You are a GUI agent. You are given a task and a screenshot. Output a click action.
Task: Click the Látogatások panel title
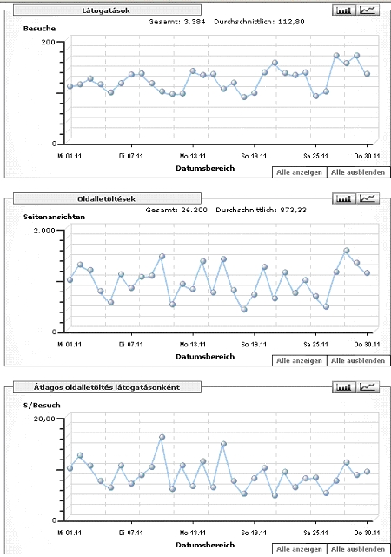click(x=106, y=10)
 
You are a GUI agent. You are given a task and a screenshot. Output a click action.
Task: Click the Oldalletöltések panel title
click(x=106, y=199)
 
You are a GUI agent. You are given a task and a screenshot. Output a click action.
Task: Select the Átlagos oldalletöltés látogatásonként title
click(x=107, y=387)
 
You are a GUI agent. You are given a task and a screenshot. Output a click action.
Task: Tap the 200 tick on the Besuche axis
click(x=49, y=42)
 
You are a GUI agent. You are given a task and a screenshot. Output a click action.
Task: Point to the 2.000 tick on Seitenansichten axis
click(x=44, y=230)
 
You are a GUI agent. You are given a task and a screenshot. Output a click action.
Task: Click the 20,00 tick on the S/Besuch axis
click(x=44, y=419)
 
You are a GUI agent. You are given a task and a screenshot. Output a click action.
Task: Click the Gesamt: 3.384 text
click(x=176, y=22)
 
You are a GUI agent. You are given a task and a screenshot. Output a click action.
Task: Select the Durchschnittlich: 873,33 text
click(x=261, y=210)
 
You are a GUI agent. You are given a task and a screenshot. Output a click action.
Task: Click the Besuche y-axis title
click(x=39, y=29)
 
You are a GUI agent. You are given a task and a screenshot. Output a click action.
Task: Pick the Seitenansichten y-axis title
click(x=54, y=217)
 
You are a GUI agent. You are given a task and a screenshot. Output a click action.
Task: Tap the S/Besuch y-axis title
click(x=42, y=405)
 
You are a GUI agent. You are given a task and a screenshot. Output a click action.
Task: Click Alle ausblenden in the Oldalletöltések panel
click(x=358, y=360)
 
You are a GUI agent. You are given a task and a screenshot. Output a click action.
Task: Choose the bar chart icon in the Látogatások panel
click(x=344, y=10)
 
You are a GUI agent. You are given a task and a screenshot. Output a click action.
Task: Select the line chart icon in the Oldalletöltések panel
click(x=368, y=198)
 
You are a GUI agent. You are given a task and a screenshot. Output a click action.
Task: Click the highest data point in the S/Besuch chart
click(x=162, y=437)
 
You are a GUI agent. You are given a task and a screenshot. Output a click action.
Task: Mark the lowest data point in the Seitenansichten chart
click(x=244, y=310)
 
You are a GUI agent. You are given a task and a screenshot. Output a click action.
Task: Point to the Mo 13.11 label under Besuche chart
click(x=193, y=156)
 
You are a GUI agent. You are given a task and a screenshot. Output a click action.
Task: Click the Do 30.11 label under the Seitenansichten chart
click(x=367, y=345)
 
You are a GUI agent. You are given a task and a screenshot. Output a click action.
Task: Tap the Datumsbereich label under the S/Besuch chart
click(x=205, y=545)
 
